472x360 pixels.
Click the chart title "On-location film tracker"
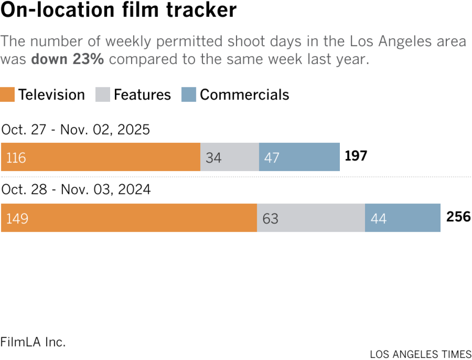click(119, 11)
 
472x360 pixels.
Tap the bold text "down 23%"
click(67, 59)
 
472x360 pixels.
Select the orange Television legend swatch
click(8, 95)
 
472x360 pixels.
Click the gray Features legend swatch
click(103, 95)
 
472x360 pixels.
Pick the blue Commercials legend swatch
click(188, 95)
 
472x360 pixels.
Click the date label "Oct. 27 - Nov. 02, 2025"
click(76, 129)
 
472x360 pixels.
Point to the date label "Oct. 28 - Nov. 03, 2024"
click(76, 190)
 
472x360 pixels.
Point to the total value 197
click(356, 156)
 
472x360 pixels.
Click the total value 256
click(458, 217)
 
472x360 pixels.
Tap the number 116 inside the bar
click(16, 158)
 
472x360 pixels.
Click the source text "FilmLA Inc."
click(33, 342)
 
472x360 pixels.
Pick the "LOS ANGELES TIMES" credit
click(420, 354)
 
